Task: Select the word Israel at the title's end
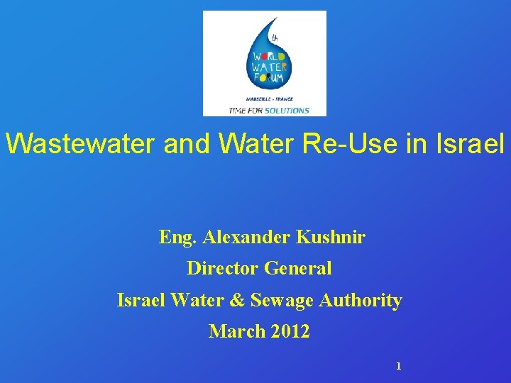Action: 476,145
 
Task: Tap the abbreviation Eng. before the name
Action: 178,238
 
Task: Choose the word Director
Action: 222,269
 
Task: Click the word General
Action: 297,269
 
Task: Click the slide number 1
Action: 398,367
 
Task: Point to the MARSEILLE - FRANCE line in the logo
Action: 270,99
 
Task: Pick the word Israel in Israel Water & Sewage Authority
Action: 141,300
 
